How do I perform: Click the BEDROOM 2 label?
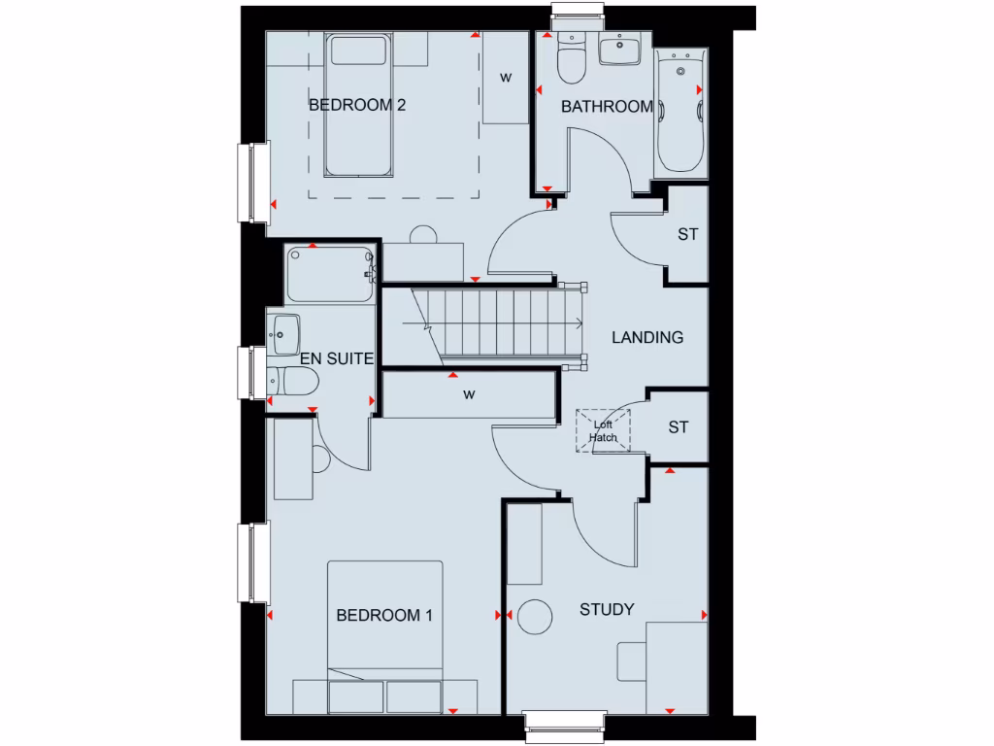click(x=356, y=105)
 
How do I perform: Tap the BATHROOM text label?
click(x=607, y=107)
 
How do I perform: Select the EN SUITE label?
click(x=337, y=358)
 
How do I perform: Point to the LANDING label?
click(x=646, y=338)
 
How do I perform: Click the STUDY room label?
click(x=607, y=609)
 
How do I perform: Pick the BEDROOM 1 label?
click(x=383, y=615)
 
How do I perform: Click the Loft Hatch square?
click(x=604, y=430)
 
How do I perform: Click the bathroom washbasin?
click(x=617, y=49)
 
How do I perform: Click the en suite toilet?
click(x=289, y=380)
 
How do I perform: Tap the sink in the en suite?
click(x=284, y=331)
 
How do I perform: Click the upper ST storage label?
click(x=688, y=234)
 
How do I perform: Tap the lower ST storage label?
click(x=679, y=427)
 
